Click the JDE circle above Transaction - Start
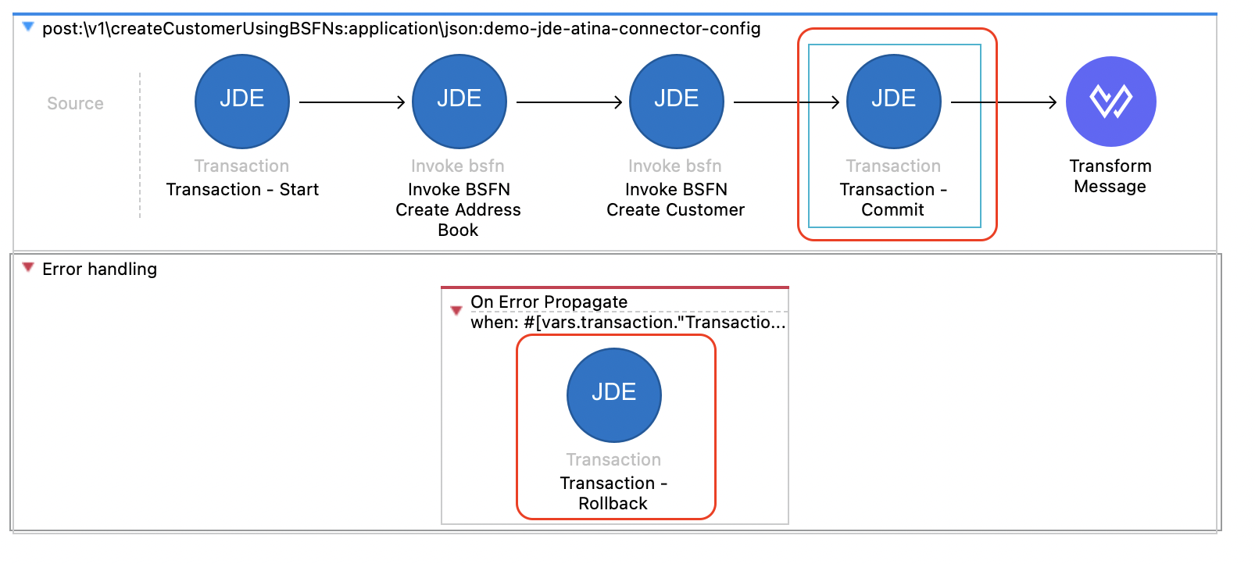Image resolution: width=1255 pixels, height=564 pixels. point(242,102)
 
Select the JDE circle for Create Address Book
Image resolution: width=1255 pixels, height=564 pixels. point(459,102)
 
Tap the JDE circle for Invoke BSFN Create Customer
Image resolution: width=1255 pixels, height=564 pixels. point(677,102)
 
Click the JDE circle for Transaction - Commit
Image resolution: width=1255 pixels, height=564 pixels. point(894,102)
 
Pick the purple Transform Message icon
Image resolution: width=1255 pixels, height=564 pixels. point(1111,102)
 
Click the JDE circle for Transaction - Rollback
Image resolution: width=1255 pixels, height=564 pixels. point(614,395)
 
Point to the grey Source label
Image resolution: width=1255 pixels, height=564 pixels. point(75,104)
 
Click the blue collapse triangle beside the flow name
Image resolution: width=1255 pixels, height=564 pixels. point(28,27)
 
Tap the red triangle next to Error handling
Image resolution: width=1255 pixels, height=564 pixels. point(28,268)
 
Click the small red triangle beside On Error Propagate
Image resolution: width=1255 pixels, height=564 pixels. point(456,311)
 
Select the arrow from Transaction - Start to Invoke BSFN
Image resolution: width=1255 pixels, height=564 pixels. point(352,102)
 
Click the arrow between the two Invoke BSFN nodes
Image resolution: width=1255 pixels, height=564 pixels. point(569,102)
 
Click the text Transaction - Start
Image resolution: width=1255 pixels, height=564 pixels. point(242,190)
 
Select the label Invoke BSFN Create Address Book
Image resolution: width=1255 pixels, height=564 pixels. point(459,209)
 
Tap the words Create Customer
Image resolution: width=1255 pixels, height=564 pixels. point(676,210)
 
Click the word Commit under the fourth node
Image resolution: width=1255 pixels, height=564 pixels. point(892,210)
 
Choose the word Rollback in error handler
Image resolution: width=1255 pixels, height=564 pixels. point(613,504)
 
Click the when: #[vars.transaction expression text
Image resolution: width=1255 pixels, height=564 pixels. point(627,323)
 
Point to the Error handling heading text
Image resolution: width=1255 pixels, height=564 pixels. point(99,270)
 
